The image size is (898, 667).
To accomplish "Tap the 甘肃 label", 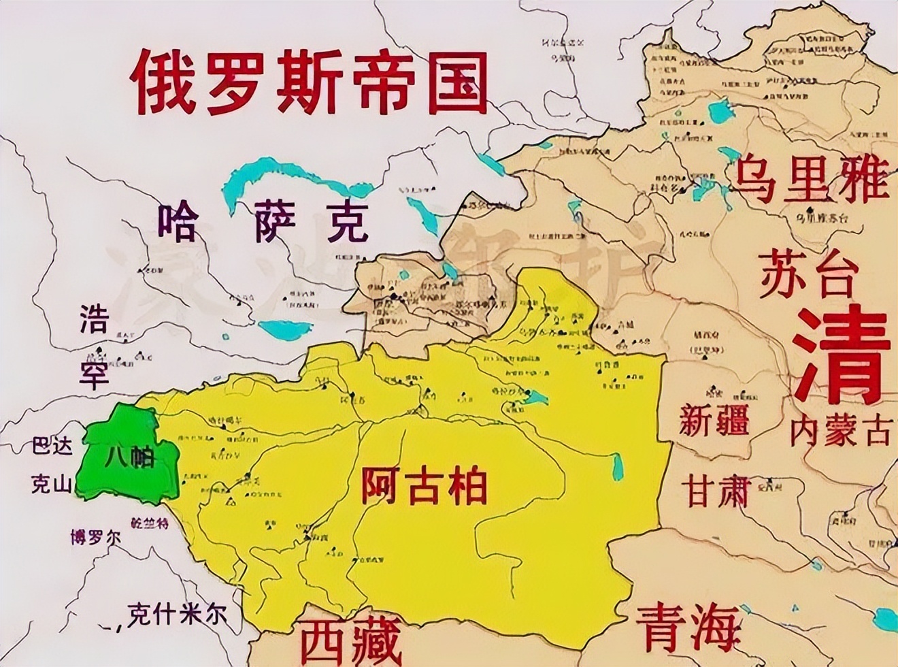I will pos(717,489).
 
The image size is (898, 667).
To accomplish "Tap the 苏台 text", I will pos(807,273).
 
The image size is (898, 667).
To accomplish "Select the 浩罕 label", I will pos(94,347).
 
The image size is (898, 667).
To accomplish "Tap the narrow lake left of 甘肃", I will pos(618,467).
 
